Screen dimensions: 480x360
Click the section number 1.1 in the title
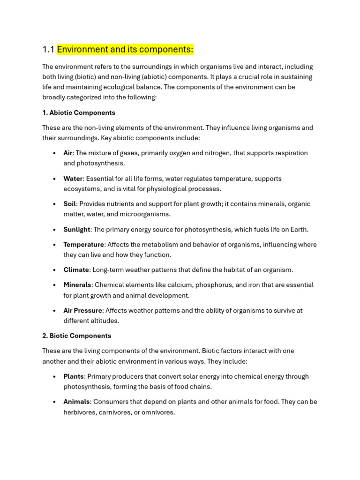[48, 50]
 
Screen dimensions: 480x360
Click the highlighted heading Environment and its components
[125, 50]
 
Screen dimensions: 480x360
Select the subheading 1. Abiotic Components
[79, 113]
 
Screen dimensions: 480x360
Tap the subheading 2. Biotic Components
[77, 336]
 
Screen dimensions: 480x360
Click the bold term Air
[68, 153]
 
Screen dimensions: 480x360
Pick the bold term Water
[73, 179]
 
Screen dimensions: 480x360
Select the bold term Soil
[70, 204]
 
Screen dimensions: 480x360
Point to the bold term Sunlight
[77, 230]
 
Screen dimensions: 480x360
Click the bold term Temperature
[84, 245]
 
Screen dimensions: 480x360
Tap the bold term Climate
[76, 270]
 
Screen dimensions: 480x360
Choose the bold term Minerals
[77, 285]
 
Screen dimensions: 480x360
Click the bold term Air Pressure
[83, 311]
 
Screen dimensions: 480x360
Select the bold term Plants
[74, 376]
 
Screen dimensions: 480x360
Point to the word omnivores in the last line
[158, 412]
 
